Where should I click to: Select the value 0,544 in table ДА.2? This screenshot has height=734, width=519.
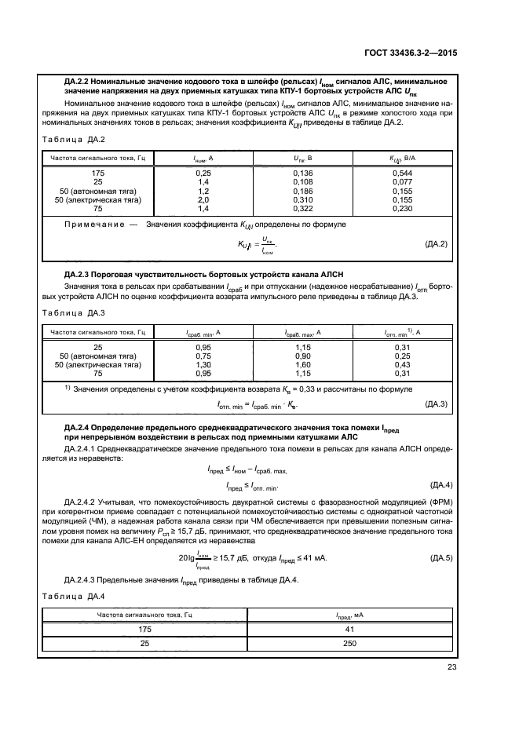coord(403,172)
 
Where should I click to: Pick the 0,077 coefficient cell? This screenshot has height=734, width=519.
coord(403,181)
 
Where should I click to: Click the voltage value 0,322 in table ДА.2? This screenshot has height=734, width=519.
coord(302,210)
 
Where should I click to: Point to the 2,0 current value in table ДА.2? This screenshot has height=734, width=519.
coord(203,200)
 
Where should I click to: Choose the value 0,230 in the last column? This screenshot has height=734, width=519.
coord(403,210)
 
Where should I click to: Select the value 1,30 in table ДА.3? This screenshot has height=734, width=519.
coord(203,365)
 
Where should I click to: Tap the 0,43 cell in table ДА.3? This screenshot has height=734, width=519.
coord(403,365)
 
